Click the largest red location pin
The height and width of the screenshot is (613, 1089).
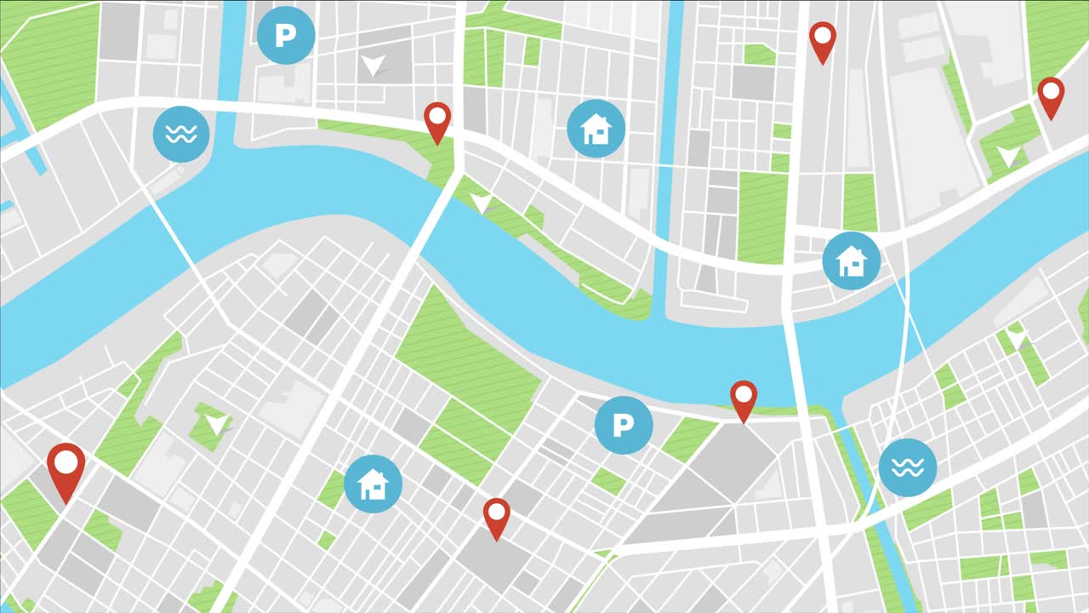[66, 467]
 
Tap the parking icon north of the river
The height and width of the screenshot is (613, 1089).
[286, 35]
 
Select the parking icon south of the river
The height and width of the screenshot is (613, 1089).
[624, 424]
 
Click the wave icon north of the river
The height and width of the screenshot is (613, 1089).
[181, 134]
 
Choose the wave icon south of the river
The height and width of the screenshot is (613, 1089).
[907, 467]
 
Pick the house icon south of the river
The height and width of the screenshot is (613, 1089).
[373, 484]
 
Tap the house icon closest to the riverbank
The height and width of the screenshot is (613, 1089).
[851, 261]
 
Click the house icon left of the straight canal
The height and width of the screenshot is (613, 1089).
[596, 129]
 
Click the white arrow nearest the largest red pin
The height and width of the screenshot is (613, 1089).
[218, 423]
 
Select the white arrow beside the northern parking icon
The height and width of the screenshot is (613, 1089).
[372, 65]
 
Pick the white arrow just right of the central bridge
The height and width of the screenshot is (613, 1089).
[482, 203]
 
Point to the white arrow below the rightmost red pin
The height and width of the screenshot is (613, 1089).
[1008, 156]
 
